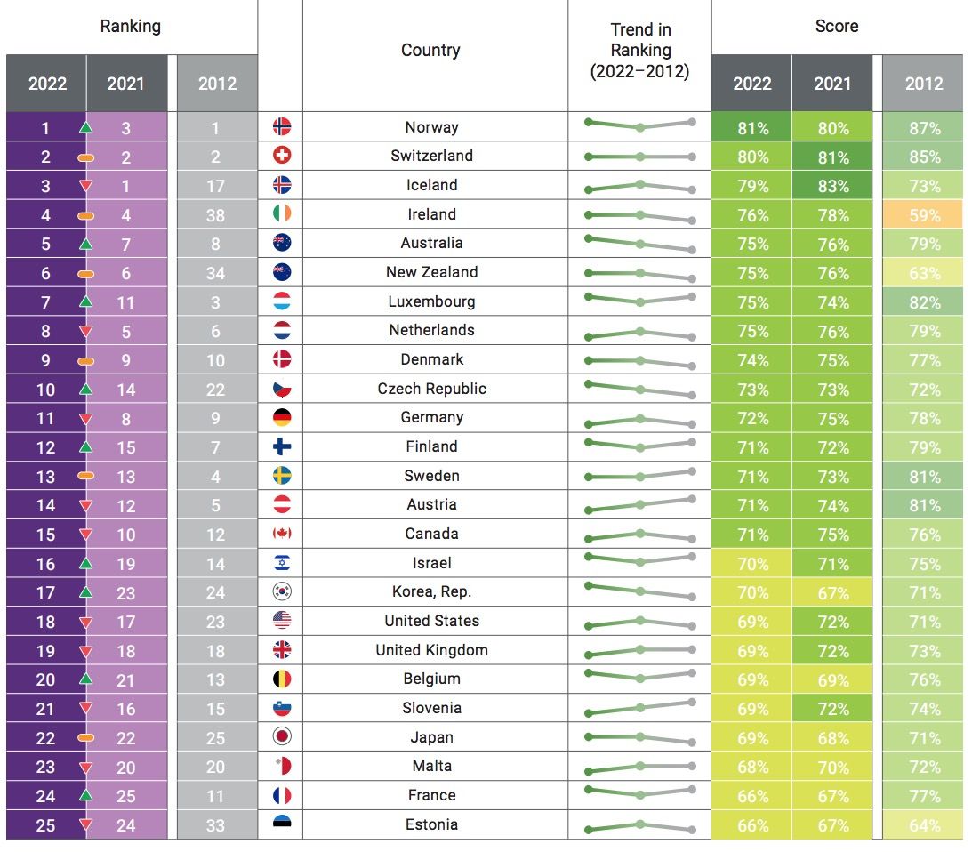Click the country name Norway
pos(431,127)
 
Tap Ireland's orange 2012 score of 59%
pos(923,215)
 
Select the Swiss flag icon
pos(282,156)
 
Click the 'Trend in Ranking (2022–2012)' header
pos(639,52)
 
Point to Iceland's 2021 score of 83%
pos(832,186)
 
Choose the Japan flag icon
pos(282,737)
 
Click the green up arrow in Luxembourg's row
pos(86,302)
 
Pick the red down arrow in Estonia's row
pos(86,825)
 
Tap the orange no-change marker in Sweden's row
pos(86,477)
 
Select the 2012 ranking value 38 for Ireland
pos(216,215)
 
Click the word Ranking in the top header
pos(130,26)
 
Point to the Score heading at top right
pos(836,26)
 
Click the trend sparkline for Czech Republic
pos(639,390)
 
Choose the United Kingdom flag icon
pos(282,650)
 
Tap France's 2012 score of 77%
pos(923,796)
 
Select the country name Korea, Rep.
pos(431,592)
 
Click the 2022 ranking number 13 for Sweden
pos(45,477)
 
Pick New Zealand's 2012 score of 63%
pos(923,273)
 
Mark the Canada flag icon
pos(282,534)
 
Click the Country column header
pos(430,51)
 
